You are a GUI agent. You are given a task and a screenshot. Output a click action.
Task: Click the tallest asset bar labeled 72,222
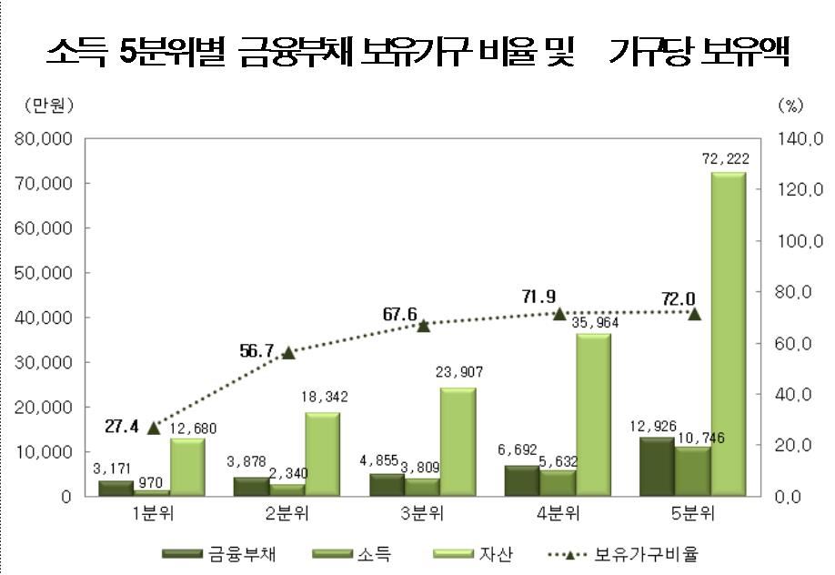click(x=728, y=333)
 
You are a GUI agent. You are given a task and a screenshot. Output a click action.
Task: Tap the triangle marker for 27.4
click(x=153, y=428)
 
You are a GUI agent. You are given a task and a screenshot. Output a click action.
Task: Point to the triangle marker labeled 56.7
click(x=288, y=352)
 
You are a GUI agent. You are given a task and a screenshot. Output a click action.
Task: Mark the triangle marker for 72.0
click(x=694, y=314)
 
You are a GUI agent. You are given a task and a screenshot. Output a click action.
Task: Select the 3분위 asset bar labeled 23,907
click(x=458, y=441)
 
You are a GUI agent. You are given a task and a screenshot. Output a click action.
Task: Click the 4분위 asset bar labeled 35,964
click(x=593, y=414)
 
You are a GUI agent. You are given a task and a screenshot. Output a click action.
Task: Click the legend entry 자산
click(x=498, y=553)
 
